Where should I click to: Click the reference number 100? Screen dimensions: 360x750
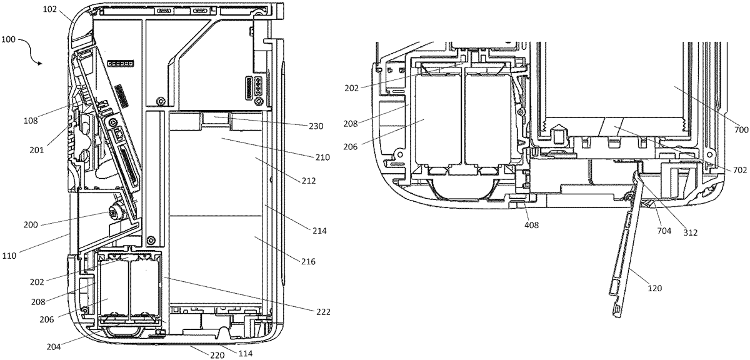pos(9,39)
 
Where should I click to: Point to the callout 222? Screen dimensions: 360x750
pos(322,312)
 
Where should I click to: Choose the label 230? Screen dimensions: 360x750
pos(316,126)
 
